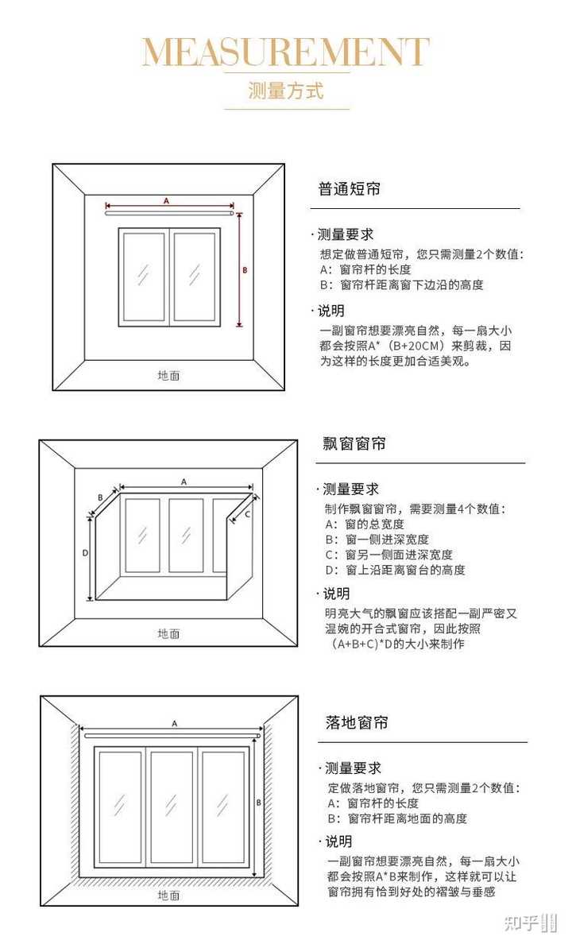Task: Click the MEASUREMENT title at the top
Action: click(285, 52)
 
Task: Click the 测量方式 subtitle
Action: click(286, 91)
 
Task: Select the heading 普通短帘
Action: click(349, 189)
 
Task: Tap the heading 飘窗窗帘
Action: click(354, 443)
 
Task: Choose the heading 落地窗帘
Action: click(357, 723)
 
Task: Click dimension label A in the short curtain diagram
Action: click(166, 201)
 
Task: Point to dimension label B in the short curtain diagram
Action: click(245, 270)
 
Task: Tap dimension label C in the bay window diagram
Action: click(247, 514)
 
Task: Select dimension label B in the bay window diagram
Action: click(100, 497)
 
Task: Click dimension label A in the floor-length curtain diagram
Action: click(174, 723)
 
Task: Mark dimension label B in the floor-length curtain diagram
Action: click(259, 803)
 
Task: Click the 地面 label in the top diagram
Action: click(168, 375)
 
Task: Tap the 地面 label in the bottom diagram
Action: click(168, 895)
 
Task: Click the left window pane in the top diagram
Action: click(144, 276)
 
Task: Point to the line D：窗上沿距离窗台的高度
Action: click(396, 570)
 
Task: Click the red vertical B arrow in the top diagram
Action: click(239, 270)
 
